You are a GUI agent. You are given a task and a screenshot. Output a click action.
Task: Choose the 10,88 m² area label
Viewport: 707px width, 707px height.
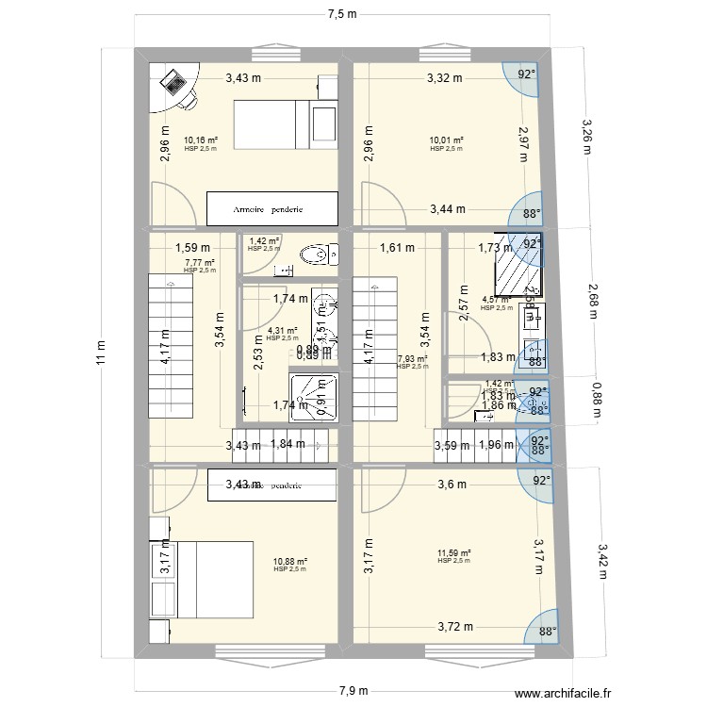point(290,562)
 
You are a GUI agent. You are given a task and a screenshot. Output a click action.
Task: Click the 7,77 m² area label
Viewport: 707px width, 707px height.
point(200,263)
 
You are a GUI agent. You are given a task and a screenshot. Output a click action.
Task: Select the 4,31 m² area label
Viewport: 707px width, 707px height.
point(282,331)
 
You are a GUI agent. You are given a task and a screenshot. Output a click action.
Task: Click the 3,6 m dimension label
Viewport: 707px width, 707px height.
point(452,485)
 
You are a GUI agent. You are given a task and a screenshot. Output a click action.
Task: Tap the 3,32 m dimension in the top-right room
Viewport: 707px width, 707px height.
point(444,78)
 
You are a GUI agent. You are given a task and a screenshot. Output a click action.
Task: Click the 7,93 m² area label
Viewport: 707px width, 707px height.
point(412,359)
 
